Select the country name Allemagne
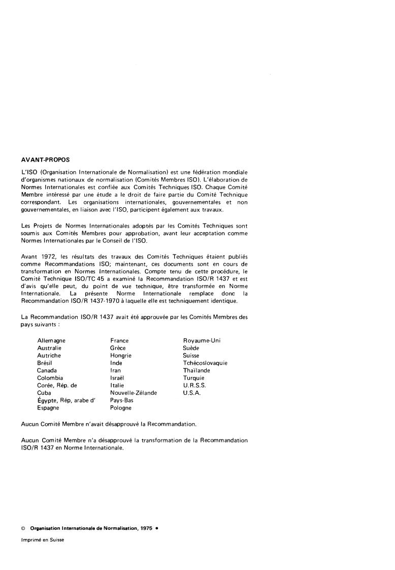[51, 341]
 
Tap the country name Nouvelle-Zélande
[134, 393]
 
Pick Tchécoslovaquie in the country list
[205, 363]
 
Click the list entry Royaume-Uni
[202, 341]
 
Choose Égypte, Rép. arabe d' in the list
[67, 401]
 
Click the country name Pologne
[121, 408]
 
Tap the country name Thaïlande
[196, 371]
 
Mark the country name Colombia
[50, 378]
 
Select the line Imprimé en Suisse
[43, 540]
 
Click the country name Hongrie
[121, 356]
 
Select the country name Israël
[117, 378]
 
